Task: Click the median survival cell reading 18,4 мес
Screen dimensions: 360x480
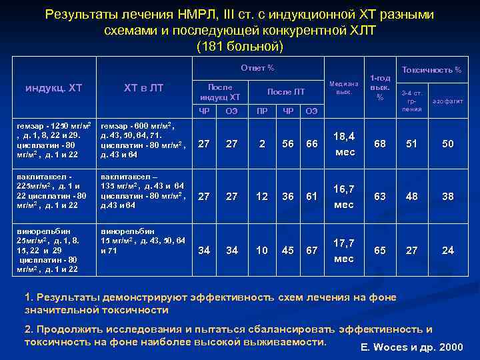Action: point(343,145)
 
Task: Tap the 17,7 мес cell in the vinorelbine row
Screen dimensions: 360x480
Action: point(343,250)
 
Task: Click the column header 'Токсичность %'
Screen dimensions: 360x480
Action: point(431,70)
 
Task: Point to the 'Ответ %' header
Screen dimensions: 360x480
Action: point(257,68)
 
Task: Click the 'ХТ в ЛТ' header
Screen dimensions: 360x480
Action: point(143,88)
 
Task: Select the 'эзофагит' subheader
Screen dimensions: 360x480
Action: point(447,101)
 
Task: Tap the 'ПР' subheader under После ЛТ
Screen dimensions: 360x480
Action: point(262,110)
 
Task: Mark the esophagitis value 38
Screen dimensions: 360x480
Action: point(447,197)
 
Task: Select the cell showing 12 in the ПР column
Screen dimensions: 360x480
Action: point(262,197)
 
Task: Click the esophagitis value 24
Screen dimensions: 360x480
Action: point(447,250)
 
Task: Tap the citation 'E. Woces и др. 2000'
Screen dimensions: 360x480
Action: point(411,348)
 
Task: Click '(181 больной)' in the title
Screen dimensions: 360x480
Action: point(240,47)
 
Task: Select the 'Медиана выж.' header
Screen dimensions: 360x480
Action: point(343,88)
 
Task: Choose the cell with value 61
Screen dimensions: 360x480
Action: point(311,197)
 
